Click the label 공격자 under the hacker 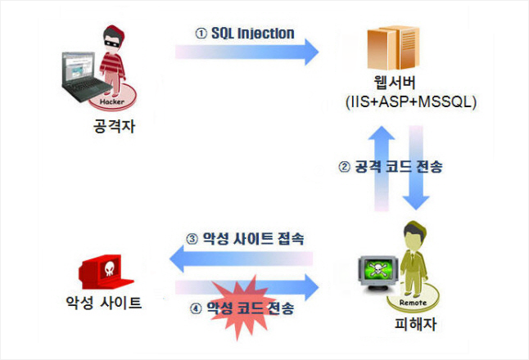pos(113,128)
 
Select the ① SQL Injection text pos(243,33)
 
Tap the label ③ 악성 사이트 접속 pos(245,239)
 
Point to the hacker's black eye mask pos(112,40)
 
